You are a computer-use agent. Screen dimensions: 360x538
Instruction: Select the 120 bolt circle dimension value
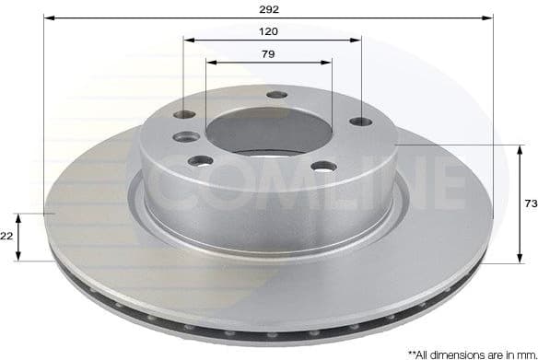click(269, 30)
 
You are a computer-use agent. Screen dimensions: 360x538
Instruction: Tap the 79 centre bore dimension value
click(269, 54)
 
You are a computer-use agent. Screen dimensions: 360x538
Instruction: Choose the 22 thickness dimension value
click(6, 237)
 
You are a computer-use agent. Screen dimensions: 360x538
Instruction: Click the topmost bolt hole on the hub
click(276, 94)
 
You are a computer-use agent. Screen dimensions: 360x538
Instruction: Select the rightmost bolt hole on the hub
click(361, 122)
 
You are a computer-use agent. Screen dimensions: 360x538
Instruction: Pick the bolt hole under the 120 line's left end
click(184, 115)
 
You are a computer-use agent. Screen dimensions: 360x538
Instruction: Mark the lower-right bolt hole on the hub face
click(323, 167)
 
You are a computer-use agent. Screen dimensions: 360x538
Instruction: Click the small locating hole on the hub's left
click(188, 137)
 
